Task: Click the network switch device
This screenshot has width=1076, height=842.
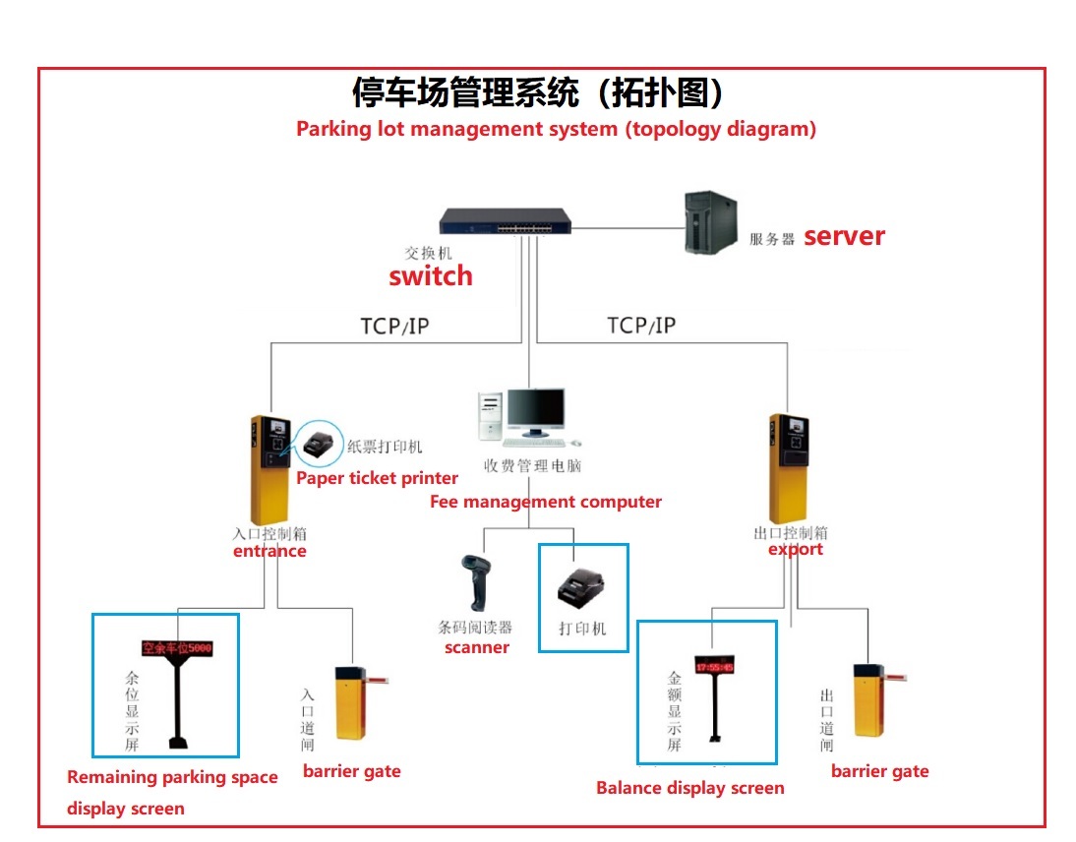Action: (505, 223)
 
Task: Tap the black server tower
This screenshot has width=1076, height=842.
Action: (709, 224)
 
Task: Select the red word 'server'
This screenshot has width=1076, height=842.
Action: (844, 236)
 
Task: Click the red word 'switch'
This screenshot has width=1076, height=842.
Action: (430, 276)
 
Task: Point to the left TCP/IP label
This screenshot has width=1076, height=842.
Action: (394, 326)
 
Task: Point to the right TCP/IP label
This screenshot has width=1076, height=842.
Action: (641, 326)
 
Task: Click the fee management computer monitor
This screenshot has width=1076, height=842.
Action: (535, 412)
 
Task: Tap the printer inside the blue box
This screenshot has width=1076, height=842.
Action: (581, 589)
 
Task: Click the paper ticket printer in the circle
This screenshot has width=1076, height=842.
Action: (318, 446)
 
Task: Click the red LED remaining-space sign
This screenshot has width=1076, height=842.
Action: (177, 649)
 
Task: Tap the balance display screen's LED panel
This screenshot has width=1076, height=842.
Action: (715, 665)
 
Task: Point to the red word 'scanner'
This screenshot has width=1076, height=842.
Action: (477, 647)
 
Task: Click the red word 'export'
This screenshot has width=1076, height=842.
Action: (795, 549)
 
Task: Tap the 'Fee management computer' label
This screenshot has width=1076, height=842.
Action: (546, 502)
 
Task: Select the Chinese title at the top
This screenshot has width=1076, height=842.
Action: (539, 93)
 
